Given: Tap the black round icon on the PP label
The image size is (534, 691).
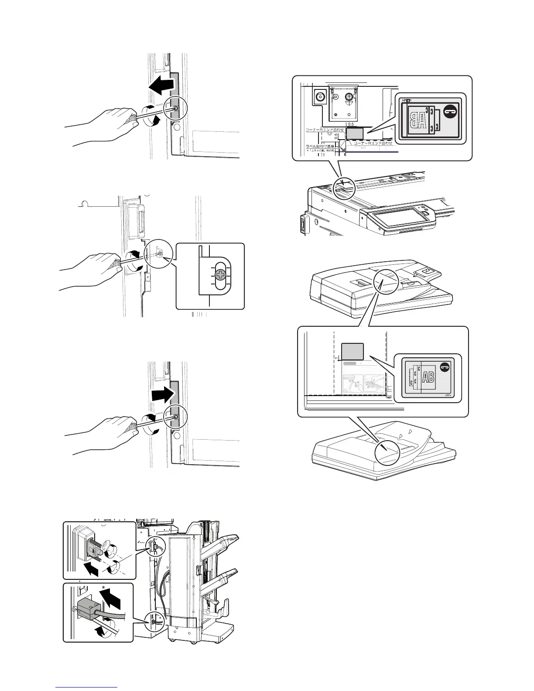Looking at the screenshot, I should pyautogui.click(x=445, y=368).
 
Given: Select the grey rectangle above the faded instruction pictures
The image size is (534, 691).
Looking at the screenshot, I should pyautogui.click(x=352, y=352).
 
